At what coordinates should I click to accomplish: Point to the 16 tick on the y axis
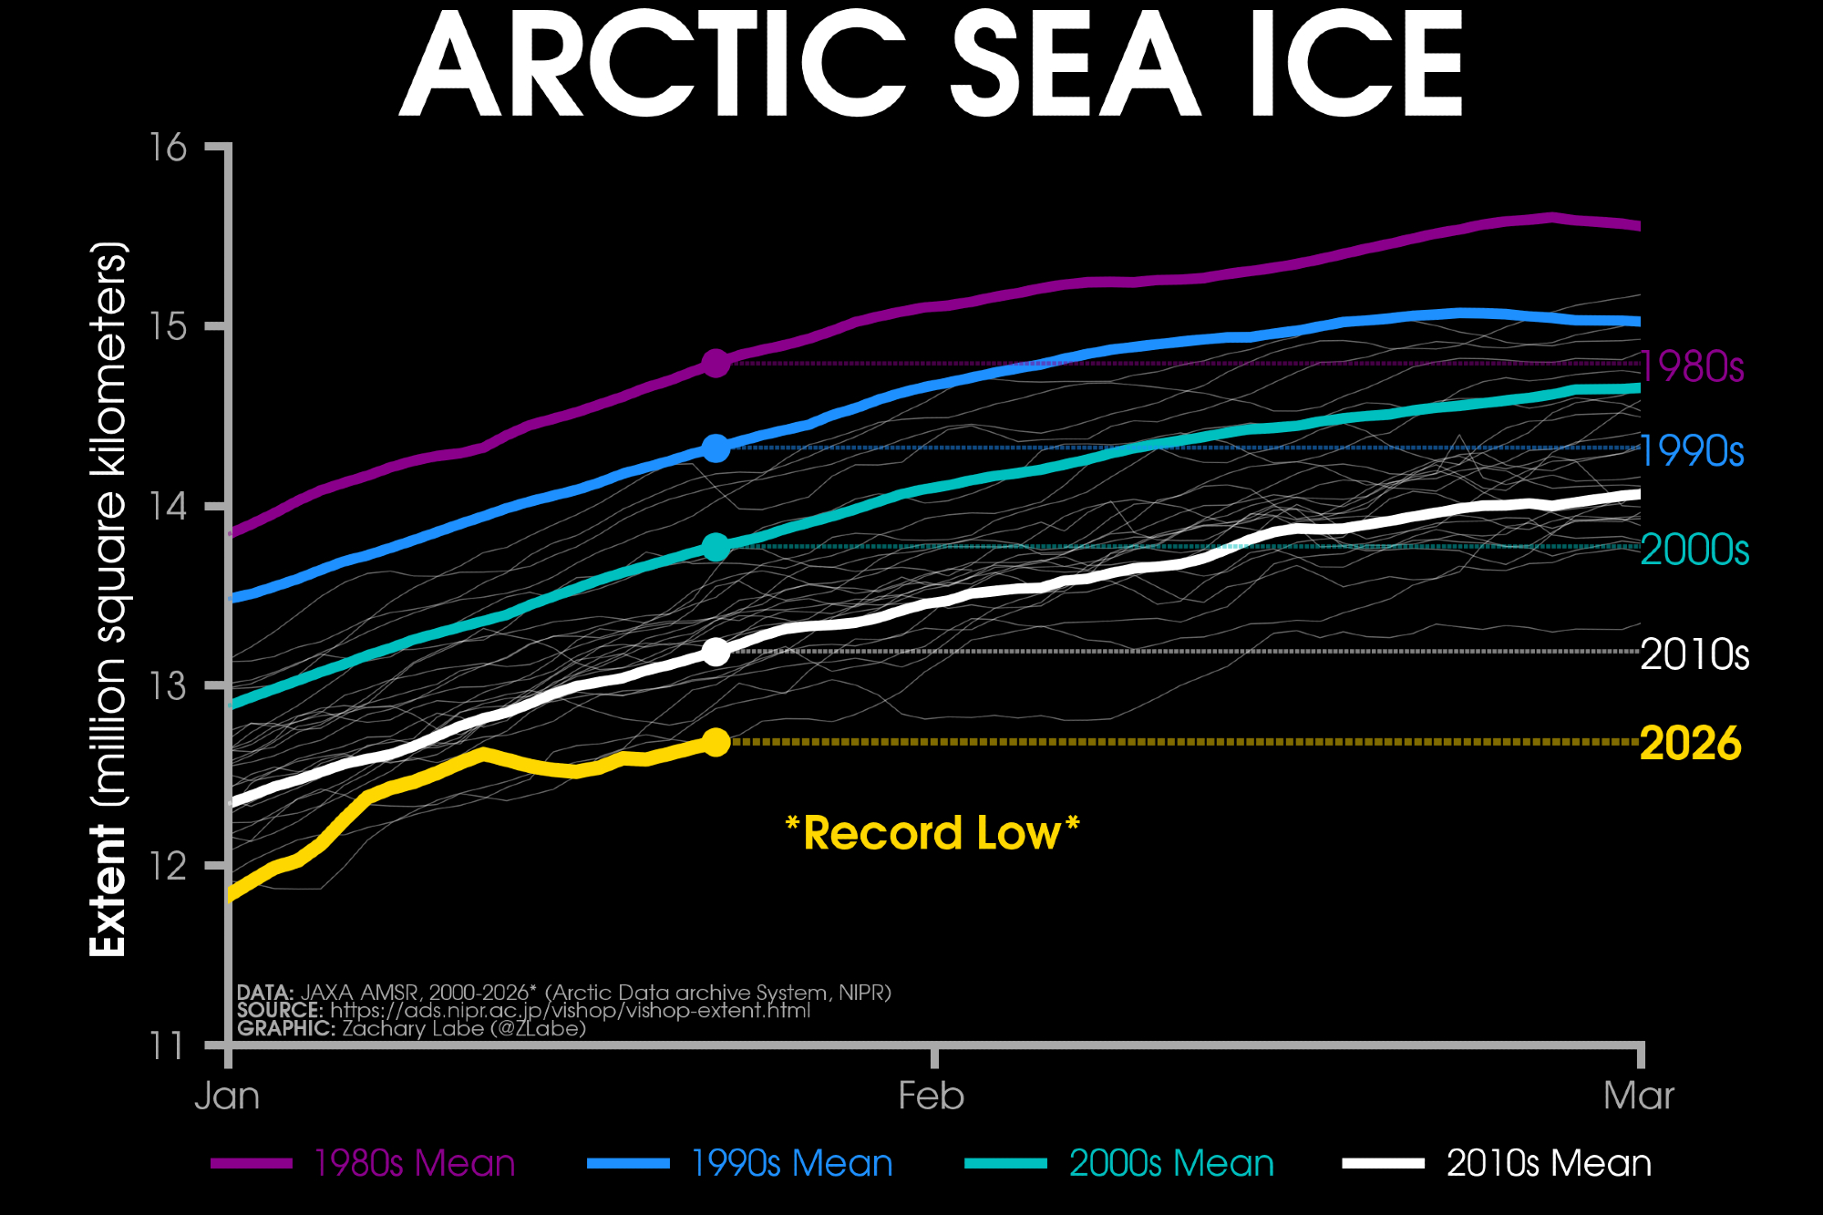170,147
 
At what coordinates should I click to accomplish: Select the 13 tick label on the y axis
170,685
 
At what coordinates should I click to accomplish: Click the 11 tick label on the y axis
168,1045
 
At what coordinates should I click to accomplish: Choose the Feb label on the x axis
931,1096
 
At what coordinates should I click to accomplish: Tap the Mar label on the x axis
1638,1096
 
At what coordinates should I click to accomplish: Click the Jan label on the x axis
227,1096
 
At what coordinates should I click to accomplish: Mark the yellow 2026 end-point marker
716,742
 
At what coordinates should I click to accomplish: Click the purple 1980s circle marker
716,363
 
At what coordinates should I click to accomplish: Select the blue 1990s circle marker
716,448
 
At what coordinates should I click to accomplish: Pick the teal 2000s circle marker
716,547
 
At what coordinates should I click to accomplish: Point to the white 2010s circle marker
716,652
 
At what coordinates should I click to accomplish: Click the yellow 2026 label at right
1691,744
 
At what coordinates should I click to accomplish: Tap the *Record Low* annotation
932,833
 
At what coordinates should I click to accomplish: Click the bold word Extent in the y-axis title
108,891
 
